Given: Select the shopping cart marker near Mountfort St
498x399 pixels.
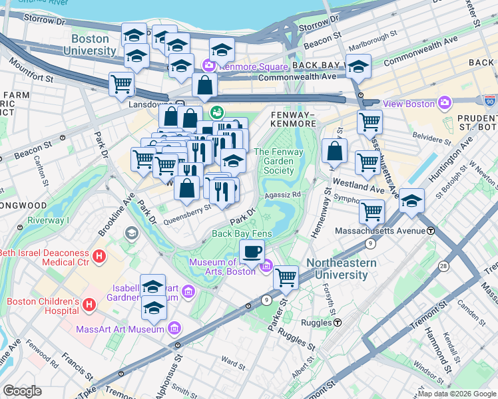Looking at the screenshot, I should (122, 84).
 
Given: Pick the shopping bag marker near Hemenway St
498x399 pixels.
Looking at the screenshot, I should (335, 151).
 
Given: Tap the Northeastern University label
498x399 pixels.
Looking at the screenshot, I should (341, 268).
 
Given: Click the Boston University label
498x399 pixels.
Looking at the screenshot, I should (89, 45).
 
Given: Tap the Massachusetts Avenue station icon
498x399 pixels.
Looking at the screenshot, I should (431, 231).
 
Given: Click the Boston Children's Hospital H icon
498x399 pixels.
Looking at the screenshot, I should (89, 305).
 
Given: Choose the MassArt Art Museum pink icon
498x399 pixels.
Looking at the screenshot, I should (174, 328).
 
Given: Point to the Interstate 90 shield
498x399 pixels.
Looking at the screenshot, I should (489, 100).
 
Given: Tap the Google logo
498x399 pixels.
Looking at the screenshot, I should (23, 391).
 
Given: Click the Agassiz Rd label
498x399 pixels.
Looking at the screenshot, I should (284, 195).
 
